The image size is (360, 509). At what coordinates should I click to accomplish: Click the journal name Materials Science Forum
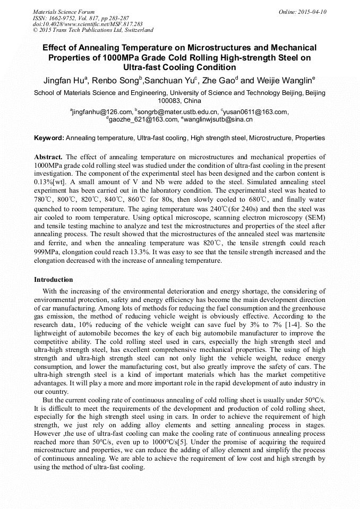coord(64,12)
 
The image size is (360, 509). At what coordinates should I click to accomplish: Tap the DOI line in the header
coord(88,24)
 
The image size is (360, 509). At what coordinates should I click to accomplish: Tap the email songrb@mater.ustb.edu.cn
coord(177,112)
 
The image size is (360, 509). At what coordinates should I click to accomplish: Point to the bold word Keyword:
coord(49,138)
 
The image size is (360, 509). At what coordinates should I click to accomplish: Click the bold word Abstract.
coord(48,157)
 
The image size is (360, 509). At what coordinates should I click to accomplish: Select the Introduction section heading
coord(54,280)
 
